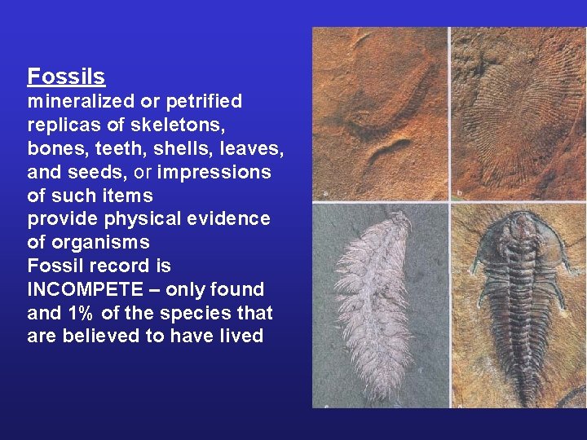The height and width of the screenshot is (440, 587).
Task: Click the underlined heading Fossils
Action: tap(66, 77)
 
